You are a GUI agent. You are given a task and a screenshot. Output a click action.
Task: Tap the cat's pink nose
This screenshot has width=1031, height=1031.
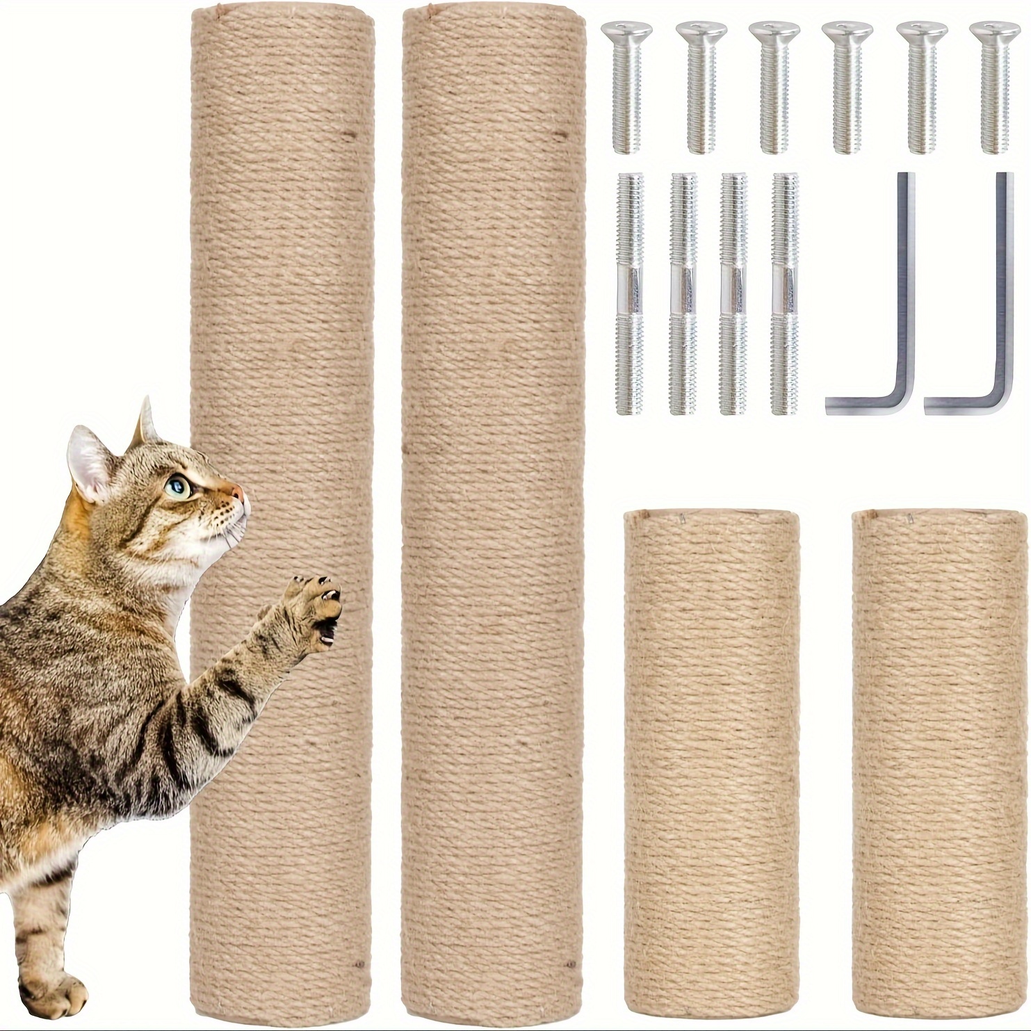click(x=238, y=493)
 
